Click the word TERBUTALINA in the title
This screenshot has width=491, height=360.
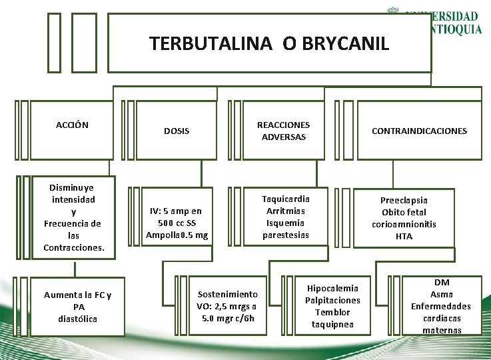(x=211, y=44)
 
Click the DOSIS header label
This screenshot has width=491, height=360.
(x=177, y=131)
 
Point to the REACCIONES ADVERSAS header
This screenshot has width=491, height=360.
(x=284, y=131)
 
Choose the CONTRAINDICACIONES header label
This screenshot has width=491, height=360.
(x=419, y=131)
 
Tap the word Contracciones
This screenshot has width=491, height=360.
(x=73, y=247)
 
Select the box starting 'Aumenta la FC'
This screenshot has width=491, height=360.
(x=78, y=307)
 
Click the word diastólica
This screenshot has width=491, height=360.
(x=78, y=319)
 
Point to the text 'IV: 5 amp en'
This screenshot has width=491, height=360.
(x=177, y=211)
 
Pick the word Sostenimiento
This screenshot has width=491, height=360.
(x=227, y=294)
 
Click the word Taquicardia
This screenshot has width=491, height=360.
(x=285, y=199)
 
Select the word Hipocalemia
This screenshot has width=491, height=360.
(x=332, y=288)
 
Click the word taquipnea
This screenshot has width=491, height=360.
(x=332, y=324)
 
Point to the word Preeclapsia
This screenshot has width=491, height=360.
(x=404, y=200)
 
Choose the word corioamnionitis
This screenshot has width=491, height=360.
(x=404, y=224)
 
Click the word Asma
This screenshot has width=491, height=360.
(x=441, y=294)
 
